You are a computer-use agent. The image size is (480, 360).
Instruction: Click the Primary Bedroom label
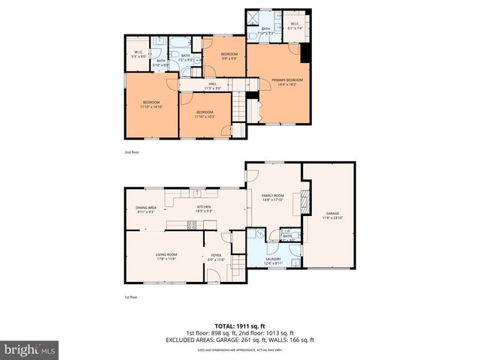coord(287,82)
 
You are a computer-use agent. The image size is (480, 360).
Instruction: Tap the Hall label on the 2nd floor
coord(212,86)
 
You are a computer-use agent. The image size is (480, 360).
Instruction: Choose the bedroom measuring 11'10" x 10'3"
coord(205,114)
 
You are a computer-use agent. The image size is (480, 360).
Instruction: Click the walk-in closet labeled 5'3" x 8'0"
coord(137,54)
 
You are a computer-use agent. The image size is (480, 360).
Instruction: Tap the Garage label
coord(332,215)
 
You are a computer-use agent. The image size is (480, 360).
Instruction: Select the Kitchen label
coord(203,209)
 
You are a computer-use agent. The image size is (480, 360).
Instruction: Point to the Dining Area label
coord(145,210)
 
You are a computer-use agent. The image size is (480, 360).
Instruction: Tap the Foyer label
coord(216,256)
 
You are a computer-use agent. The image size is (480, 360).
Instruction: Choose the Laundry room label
coord(273,260)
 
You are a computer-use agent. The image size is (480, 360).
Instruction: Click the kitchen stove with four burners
coord(191,223)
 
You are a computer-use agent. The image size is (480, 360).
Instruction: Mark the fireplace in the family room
coord(304,200)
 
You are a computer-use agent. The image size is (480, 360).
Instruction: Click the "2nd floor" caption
coord(133,152)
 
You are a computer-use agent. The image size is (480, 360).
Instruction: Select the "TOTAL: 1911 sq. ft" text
coord(239,327)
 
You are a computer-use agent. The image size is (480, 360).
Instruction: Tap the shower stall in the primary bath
coord(255,18)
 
